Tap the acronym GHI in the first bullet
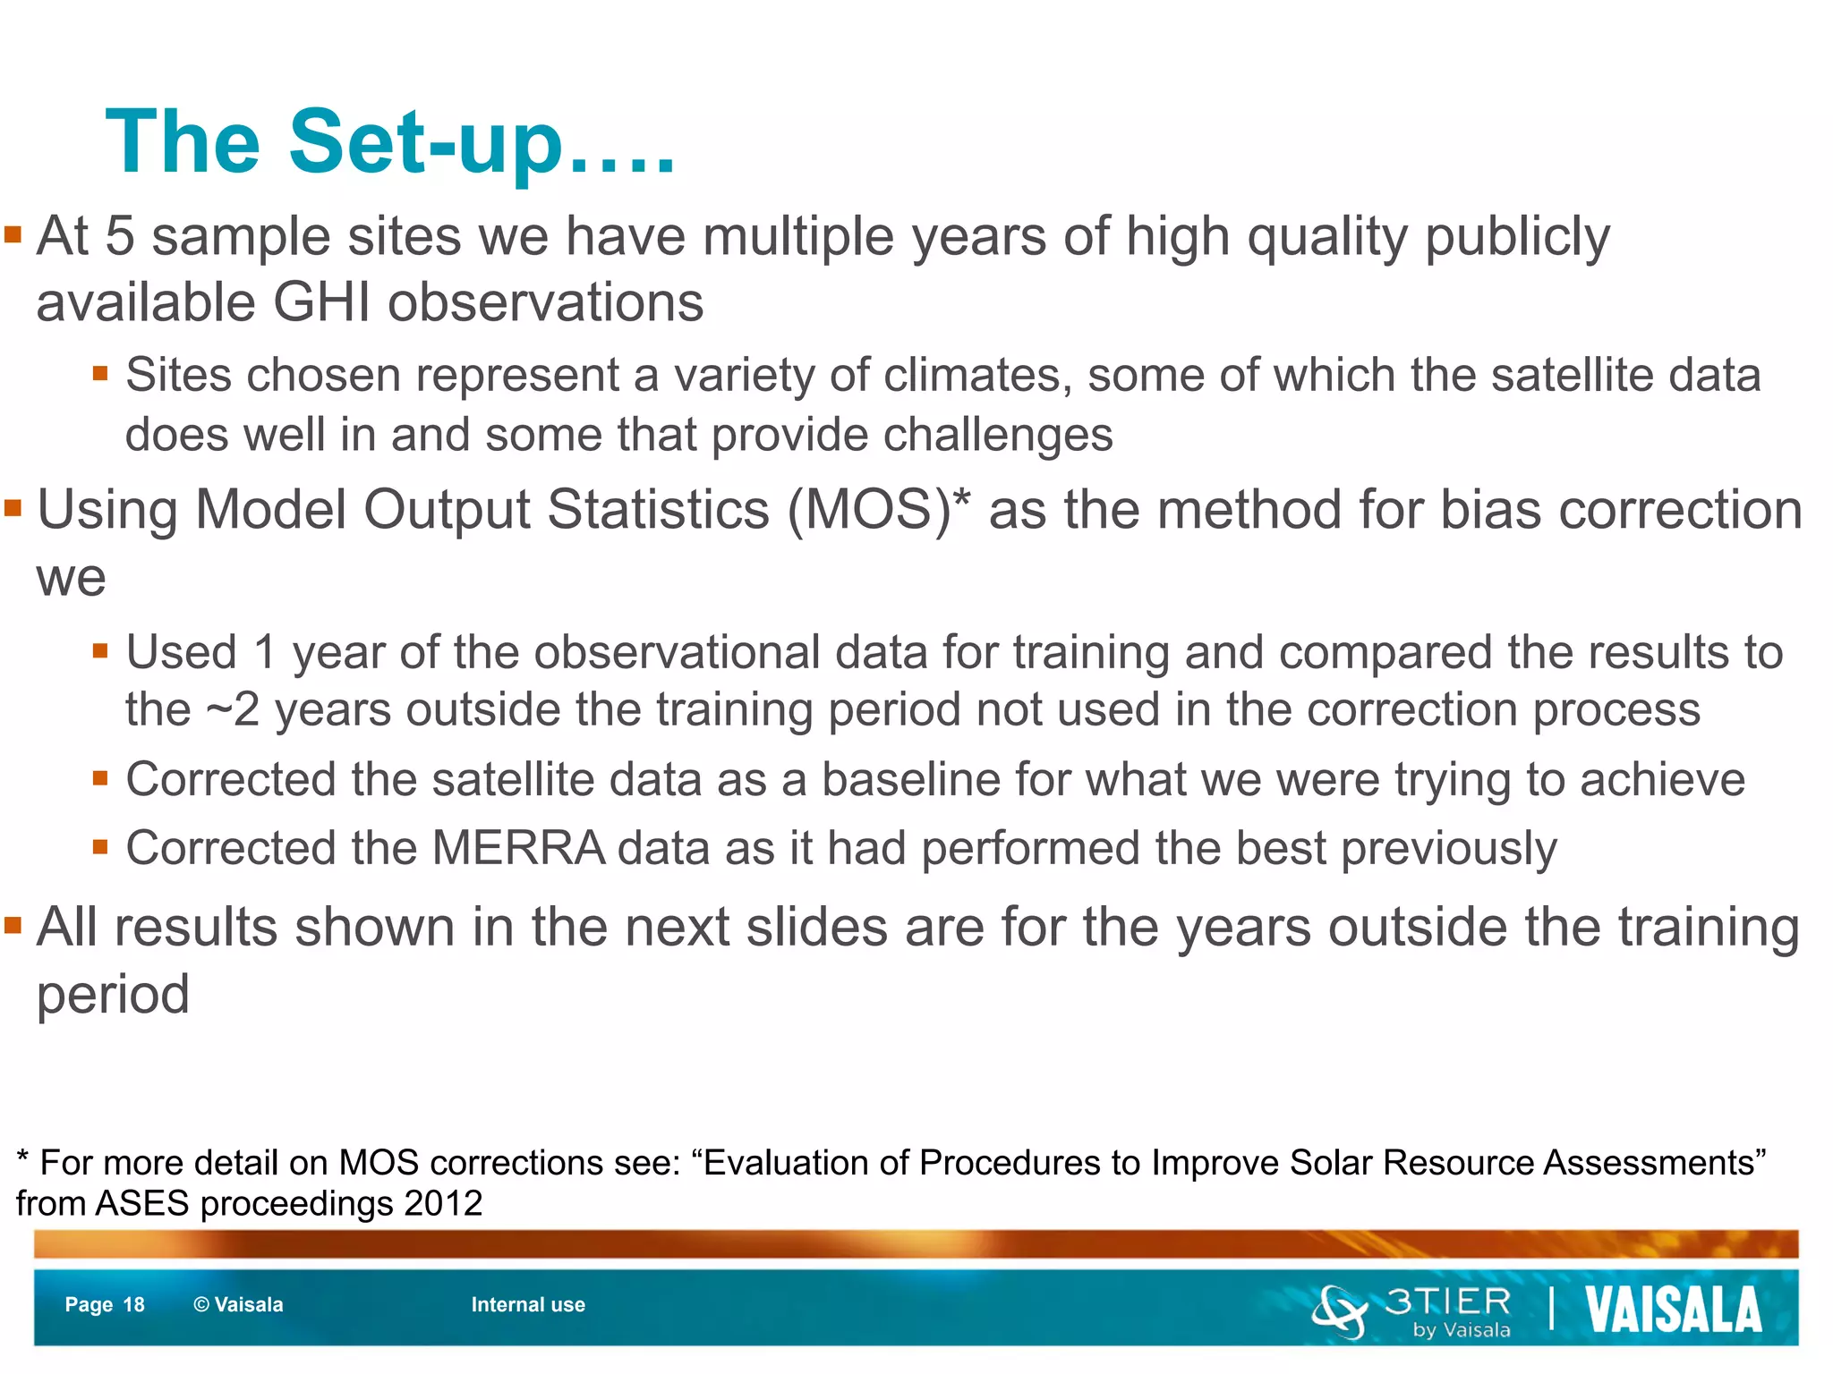[321, 302]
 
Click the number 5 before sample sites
[120, 237]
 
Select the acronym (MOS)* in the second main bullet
[878, 510]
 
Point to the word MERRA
[519, 848]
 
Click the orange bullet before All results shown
[13, 925]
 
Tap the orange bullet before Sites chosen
[100, 373]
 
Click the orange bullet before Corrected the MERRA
[100, 846]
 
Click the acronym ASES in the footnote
[143, 1203]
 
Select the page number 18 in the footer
[133, 1305]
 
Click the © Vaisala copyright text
[238, 1305]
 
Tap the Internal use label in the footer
[528, 1305]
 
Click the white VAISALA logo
[1673, 1310]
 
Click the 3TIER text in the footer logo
[1447, 1302]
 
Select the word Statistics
[658, 510]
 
